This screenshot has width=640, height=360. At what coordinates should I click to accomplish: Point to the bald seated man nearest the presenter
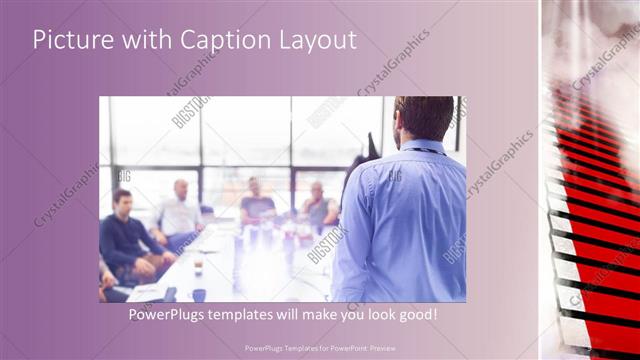(319, 205)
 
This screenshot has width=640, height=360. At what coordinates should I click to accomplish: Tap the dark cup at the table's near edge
(200, 294)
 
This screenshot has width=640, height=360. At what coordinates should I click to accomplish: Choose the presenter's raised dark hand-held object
(372, 148)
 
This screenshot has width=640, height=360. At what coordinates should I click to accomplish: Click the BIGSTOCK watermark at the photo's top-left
(189, 111)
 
